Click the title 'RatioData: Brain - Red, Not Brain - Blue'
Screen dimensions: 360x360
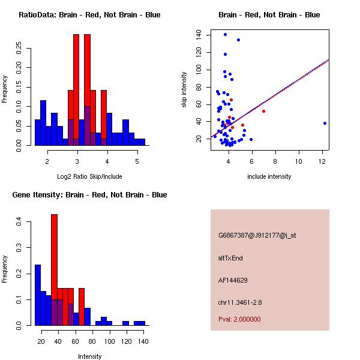pos(89,15)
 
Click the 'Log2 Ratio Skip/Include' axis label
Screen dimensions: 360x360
pos(89,176)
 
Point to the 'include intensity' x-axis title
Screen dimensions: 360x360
pos(269,176)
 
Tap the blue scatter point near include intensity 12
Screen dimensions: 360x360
pos(325,123)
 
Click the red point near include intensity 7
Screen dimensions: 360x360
pos(263,111)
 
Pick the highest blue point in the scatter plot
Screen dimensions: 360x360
pos(225,34)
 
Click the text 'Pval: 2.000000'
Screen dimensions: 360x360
pos(239,319)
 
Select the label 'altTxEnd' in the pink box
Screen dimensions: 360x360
pos(230,258)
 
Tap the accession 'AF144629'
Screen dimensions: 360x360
pos(233,280)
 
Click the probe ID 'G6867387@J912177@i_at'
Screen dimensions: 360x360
pos(257,235)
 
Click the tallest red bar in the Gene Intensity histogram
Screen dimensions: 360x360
pos(54,270)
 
